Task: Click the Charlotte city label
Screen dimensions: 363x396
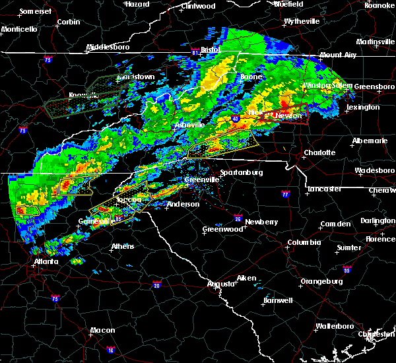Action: click(x=320, y=152)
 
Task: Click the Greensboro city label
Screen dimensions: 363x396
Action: click(x=375, y=86)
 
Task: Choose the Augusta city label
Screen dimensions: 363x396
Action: click(x=220, y=283)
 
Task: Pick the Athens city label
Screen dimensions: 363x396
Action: click(x=121, y=246)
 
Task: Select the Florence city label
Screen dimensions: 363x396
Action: click(x=381, y=238)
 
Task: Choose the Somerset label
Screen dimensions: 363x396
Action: click(x=35, y=12)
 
